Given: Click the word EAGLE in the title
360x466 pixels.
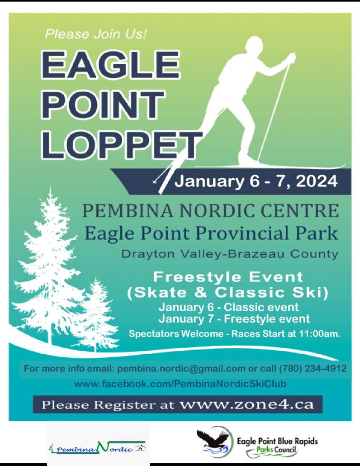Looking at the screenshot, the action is (x=110, y=65).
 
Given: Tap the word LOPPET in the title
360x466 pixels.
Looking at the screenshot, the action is (x=122, y=146).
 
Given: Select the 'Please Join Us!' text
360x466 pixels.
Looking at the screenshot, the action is (x=95, y=34).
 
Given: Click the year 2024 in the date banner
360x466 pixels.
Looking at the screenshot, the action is (x=317, y=181).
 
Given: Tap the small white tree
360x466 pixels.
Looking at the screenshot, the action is (x=95, y=315).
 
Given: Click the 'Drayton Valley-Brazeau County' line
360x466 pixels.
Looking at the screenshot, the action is (x=230, y=254).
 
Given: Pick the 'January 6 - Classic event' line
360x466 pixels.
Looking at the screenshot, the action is (x=229, y=307).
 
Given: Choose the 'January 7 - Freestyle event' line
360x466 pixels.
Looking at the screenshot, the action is (x=234, y=319).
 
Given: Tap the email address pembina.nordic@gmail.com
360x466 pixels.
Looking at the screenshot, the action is (x=181, y=369).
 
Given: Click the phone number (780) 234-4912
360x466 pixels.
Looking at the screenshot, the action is (x=313, y=369).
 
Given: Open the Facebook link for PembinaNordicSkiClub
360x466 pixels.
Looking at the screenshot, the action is (x=180, y=384).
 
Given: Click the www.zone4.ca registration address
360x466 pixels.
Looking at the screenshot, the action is (x=246, y=404).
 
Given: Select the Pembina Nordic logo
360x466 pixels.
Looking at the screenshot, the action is (x=97, y=447).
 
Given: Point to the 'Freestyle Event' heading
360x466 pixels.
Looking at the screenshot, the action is (x=228, y=277).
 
